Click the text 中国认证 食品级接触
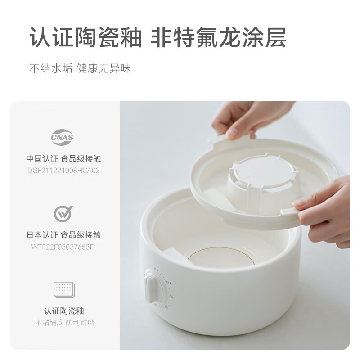click(63, 159)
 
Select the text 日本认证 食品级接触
click(63, 235)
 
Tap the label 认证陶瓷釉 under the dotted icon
click(63, 311)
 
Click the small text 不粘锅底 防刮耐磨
click(63, 322)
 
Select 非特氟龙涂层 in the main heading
click(218, 38)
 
